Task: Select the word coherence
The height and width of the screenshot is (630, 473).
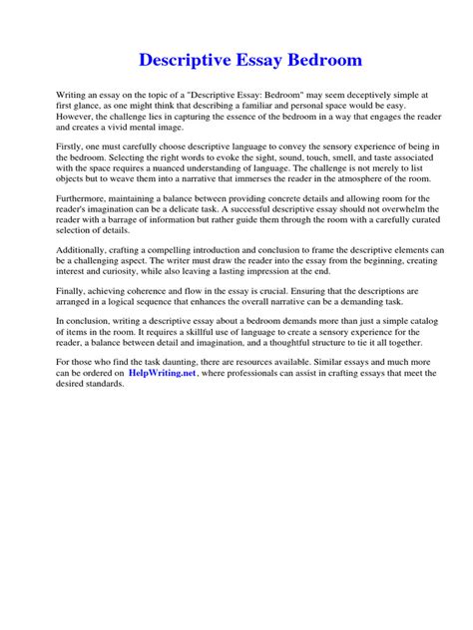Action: pos(139,291)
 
